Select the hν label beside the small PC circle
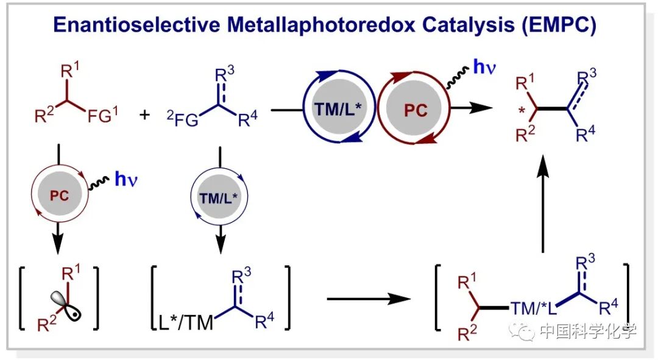pyautogui.click(x=126, y=180)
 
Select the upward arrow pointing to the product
pyautogui.click(x=542, y=207)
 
